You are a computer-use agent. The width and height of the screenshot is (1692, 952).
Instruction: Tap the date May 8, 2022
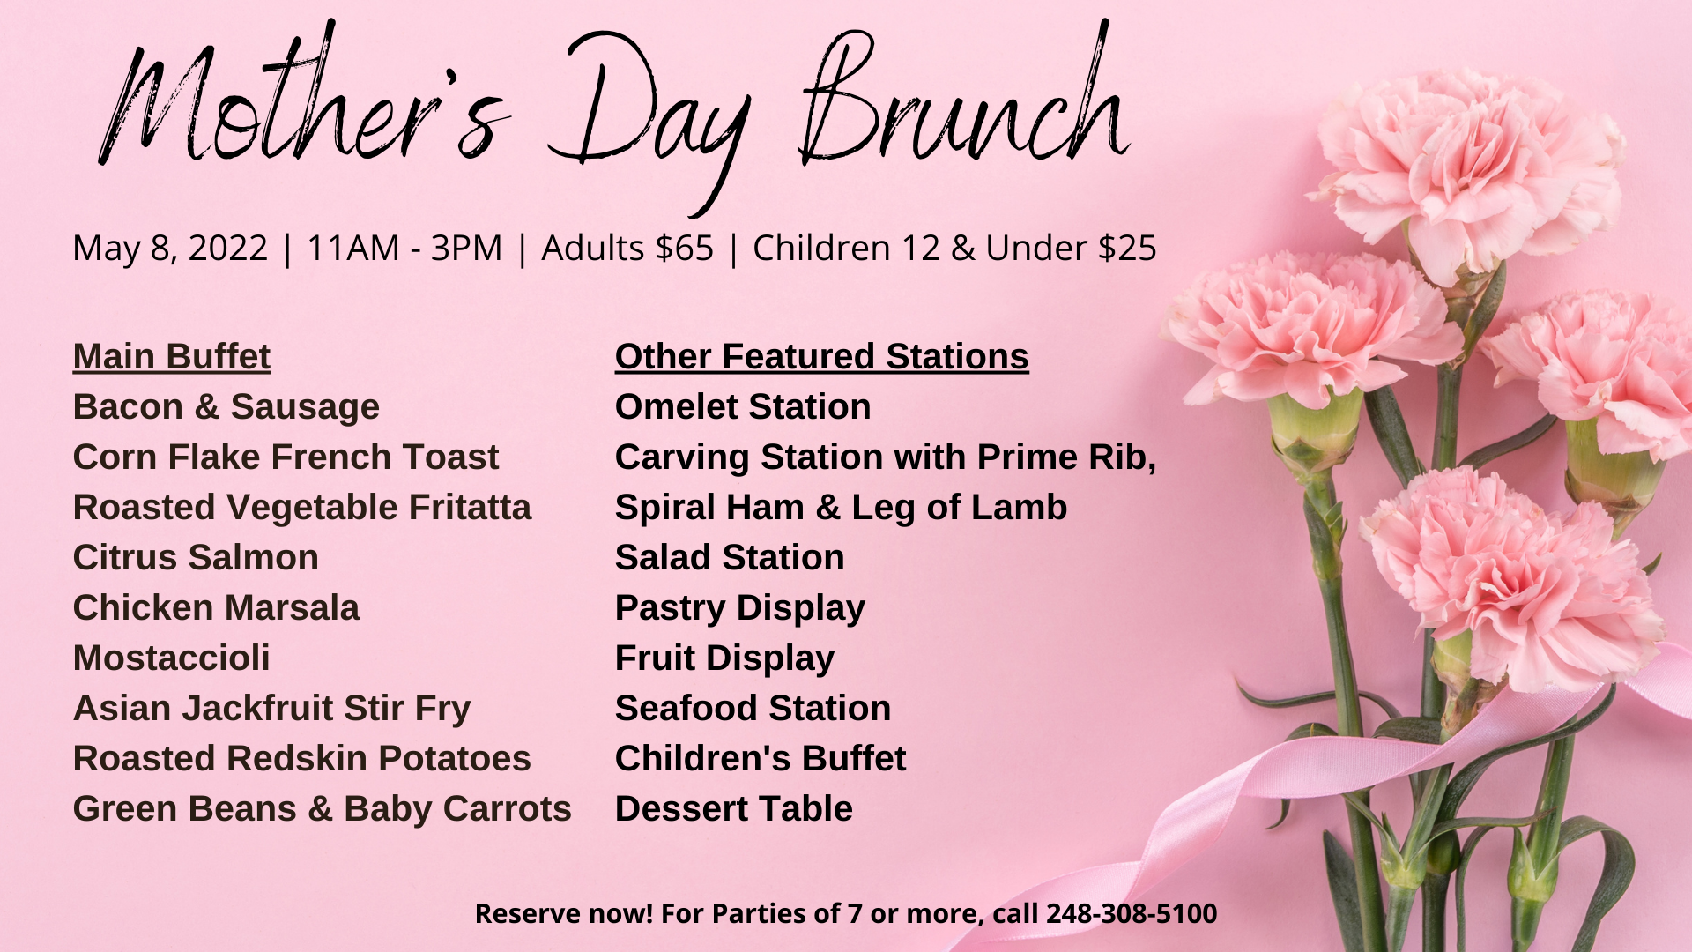[x=170, y=249]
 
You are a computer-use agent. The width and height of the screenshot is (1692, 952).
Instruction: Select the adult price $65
[x=683, y=248]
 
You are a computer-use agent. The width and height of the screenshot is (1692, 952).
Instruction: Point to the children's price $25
[x=1127, y=248]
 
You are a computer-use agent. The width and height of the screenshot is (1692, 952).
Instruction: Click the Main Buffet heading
[x=172, y=357]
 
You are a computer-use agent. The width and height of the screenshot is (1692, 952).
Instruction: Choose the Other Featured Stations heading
[x=822, y=357]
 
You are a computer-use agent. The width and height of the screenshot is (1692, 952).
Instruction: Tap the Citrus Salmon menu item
[x=196, y=558]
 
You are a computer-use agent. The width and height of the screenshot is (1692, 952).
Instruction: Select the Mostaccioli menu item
[x=172, y=658]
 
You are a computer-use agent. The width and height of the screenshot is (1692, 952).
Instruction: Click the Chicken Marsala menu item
[x=217, y=608]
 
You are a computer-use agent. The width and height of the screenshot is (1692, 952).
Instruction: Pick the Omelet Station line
[x=743, y=407]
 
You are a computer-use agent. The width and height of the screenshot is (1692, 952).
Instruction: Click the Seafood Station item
[x=753, y=709]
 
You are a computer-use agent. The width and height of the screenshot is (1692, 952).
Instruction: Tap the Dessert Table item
[x=734, y=809]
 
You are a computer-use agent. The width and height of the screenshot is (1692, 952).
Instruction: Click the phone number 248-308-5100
[x=1132, y=913]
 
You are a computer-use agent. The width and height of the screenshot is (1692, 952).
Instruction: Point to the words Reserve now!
[x=564, y=913]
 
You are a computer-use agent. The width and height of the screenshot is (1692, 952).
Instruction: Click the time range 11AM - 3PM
[x=404, y=248]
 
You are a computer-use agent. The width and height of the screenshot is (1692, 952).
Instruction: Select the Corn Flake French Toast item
[x=286, y=457]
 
